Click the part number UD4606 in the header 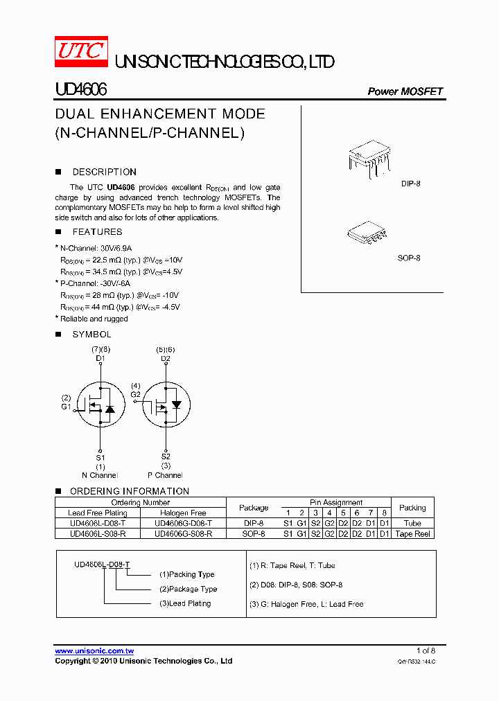coord(80,90)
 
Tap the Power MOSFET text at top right coord(405,91)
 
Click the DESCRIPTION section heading coord(104,172)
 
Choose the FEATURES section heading coord(97,232)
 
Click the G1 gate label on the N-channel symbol coord(66,407)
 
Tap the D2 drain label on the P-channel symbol coord(165,359)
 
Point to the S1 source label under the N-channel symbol coord(100,458)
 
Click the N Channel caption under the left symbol coord(100,475)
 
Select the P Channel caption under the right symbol coord(165,475)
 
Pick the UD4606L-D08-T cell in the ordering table coord(97,524)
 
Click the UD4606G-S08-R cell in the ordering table coord(183,534)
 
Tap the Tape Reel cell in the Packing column coord(412,534)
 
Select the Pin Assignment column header coord(336,502)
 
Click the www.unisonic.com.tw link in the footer coord(94,651)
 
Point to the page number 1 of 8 coord(426,650)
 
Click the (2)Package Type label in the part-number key coord(188,589)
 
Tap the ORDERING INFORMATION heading coord(129,491)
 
